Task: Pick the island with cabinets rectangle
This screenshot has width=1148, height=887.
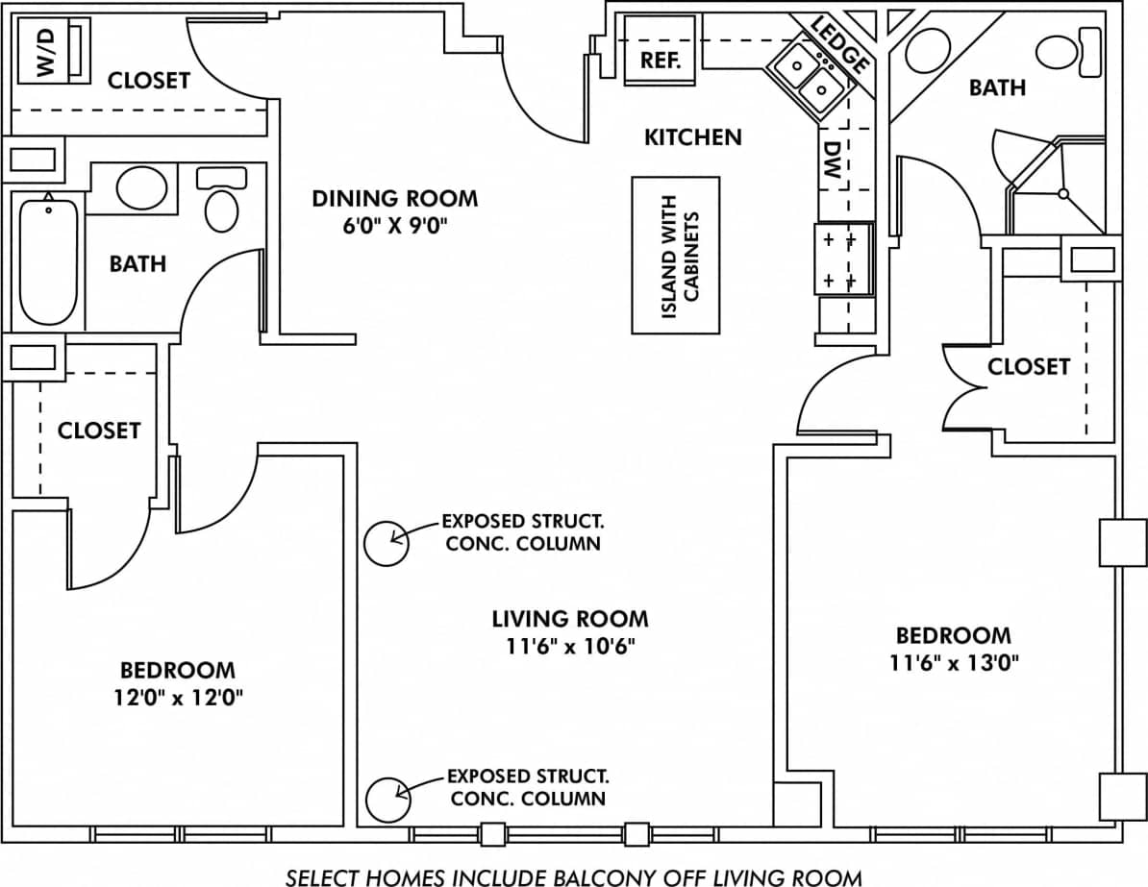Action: coord(675,256)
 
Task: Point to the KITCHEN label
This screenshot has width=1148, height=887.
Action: coord(692,137)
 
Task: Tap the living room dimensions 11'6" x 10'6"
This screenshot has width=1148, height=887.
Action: coord(569,646)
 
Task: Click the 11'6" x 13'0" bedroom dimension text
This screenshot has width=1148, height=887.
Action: coord(953,662)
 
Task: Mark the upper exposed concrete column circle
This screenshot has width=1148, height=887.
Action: coord(387,543)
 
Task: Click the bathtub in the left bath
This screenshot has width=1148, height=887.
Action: coord(48,259)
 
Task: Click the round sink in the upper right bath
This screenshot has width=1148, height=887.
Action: coord(928,50)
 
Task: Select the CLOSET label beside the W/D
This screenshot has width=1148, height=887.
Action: coord(148,80)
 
